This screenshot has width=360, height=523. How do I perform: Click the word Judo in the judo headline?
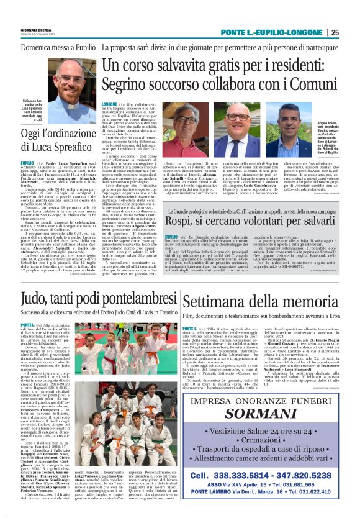tap(34, 301)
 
